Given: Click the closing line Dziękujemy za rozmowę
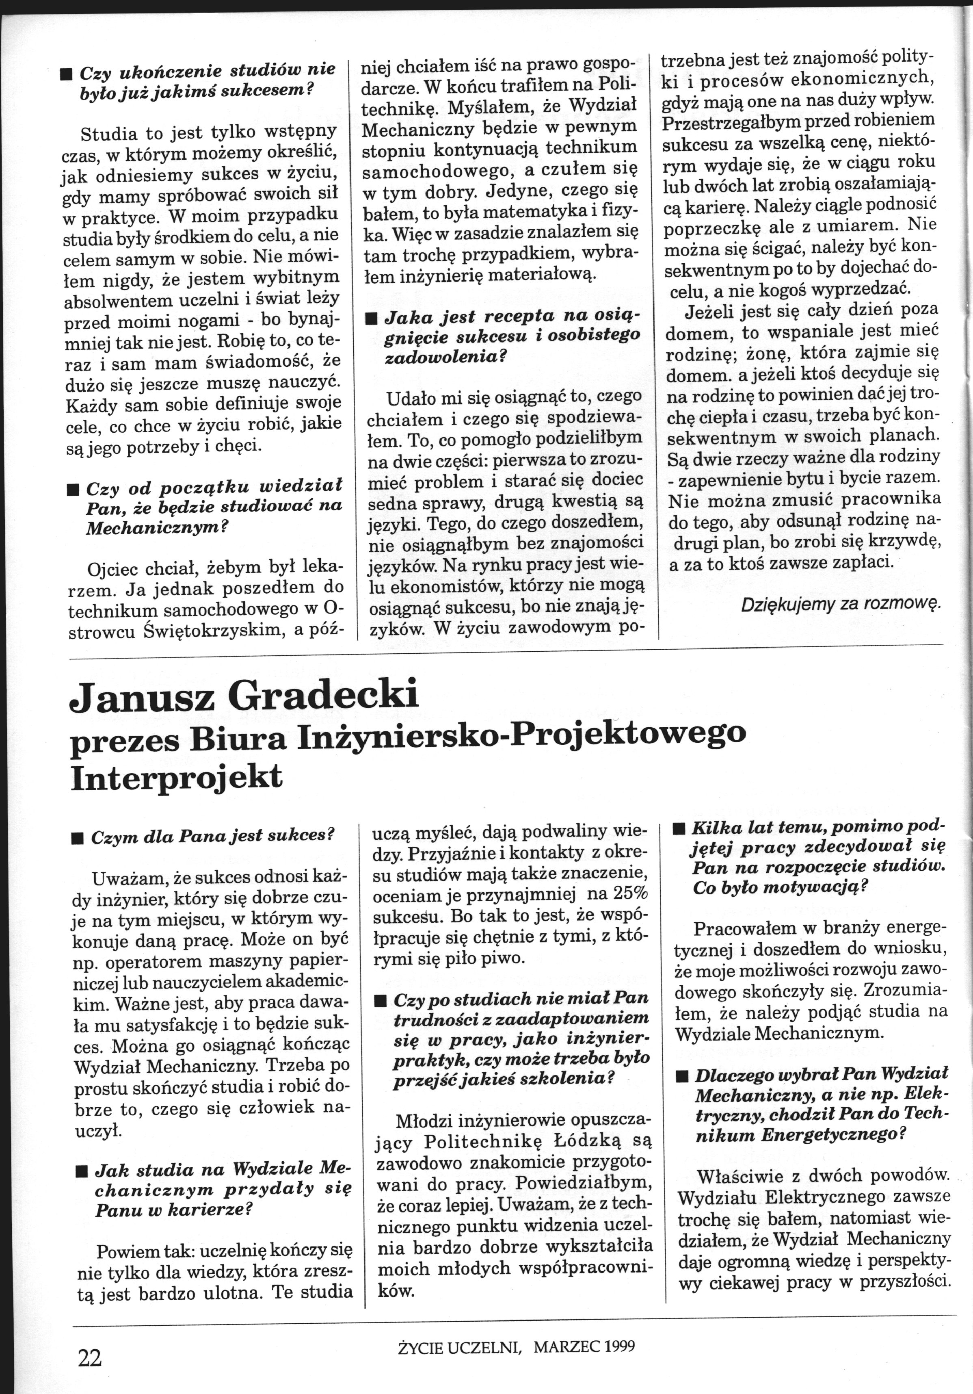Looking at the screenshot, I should pos(841,604).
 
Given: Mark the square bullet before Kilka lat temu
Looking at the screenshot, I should pos(679,829).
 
